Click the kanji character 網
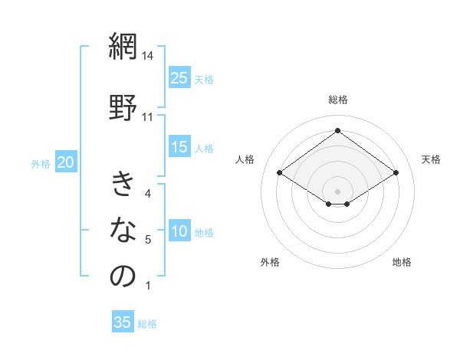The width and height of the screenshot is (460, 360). tap(123, 47)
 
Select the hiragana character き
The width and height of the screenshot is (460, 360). tap(123, 185)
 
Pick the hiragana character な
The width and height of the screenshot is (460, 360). tap(123, 229)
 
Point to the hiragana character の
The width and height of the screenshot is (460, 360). tap(123, 276)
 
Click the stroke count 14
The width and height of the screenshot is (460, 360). tap(149, 56)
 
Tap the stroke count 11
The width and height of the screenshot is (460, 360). tap(149, 116)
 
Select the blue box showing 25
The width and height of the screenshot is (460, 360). tap(179, 77)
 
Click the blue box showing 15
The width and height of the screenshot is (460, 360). tap(179, 147)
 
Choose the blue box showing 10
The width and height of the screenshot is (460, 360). tap(179, 231)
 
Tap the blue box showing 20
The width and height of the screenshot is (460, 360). tap(66, 162)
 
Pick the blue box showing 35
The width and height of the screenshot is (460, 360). tap(123, 322)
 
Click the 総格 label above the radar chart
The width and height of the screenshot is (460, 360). tap(338, 100)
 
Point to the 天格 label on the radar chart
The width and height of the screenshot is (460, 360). tap(431, 159)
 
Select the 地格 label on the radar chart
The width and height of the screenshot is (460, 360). tap(402, 262)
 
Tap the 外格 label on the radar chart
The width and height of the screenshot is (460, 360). tap(270, 262)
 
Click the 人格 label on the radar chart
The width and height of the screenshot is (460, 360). tap(245, 159)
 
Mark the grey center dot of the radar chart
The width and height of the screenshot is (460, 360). tap(337, 190)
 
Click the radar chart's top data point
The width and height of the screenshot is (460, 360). tap(337, 129)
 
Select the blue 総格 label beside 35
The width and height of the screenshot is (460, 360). tap(147, 324)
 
